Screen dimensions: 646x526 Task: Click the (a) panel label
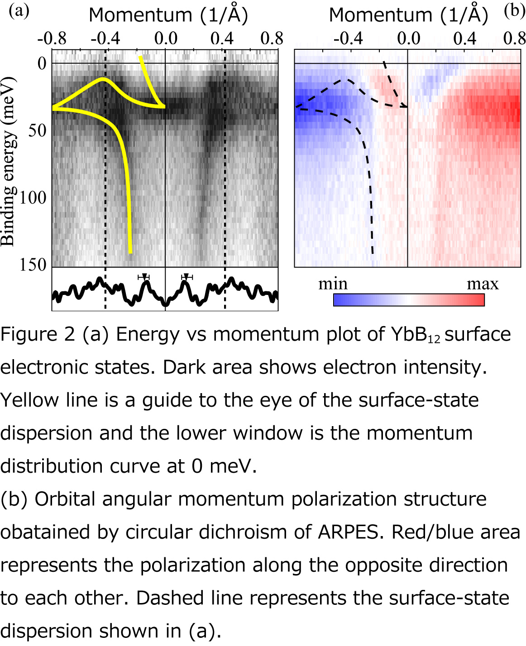click(x=19, y=10)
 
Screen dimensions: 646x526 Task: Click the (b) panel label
click(x=514, y=10)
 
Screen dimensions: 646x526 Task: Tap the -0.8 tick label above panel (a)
click(x=52, y=38)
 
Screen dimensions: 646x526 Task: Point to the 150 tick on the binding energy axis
click(x=33, y=265)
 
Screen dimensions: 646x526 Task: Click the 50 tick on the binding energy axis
click(x=37, y=130)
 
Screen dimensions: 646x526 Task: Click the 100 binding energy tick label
click(x=33, y=198)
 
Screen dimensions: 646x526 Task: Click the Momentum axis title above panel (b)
click(x=408, y=15)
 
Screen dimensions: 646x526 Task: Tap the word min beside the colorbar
click(x=333, y=284)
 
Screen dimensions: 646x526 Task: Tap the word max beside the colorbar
click(x=483, y=284)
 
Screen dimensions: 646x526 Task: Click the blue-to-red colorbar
click(x=409, y=300)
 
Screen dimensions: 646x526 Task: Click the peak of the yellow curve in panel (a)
click(x=103, y=80)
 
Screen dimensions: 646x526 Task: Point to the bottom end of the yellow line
click(x=130, y=252)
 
